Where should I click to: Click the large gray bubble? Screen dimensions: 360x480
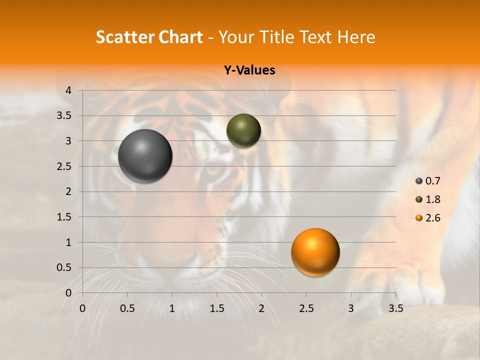tap(145, 156)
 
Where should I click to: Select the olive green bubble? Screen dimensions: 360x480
tap(243, 130)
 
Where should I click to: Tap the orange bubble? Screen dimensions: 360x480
tap(315, 252)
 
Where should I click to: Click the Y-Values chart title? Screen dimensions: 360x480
tap(249, 70)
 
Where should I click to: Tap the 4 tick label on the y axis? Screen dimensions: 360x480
tap(68, 90)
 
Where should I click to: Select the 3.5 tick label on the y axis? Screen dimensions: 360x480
tap(65, 115)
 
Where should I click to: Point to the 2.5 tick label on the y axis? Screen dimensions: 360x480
tap(65, 166)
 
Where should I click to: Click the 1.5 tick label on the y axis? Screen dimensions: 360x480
tap(65, 217)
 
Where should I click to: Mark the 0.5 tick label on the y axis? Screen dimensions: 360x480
tap(65, 267)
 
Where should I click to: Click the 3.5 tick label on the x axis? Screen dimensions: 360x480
tap(395, 308)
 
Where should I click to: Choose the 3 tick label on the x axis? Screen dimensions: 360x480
tap(350, 308)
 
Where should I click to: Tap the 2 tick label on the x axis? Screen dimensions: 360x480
tap(261, 308)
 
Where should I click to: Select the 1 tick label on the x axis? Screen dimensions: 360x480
tap(172, 308)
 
